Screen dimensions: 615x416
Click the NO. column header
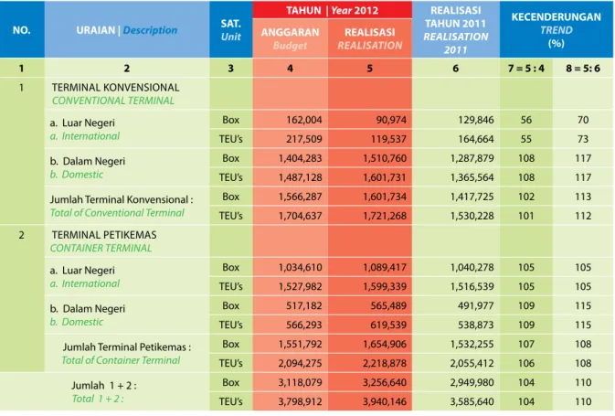[22, 30]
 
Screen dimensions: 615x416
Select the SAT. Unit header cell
[230, 30]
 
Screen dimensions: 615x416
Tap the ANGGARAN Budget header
[291, 38]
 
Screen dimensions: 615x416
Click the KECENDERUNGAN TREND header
[557, 30]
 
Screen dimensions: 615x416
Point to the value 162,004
[304, 120]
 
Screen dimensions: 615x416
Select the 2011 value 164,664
[476, 139]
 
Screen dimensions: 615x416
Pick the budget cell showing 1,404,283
[300, 158]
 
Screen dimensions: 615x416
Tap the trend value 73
[583, 139]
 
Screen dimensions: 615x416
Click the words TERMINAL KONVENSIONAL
[115, 87]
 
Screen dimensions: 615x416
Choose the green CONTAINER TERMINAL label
[101, 248]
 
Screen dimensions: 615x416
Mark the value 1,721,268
[385, 216]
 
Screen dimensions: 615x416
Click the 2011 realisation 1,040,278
[472, 267]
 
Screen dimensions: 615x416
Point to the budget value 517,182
[304, 305]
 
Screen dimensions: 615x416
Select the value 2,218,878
[385, 363]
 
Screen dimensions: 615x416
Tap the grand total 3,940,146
[385, 401]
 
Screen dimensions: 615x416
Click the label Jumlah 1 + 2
[104, 386]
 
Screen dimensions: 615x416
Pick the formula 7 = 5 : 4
[526, 69]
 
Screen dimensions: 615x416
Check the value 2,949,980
[472, 382]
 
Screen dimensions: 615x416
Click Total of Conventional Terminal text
[117, 213]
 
